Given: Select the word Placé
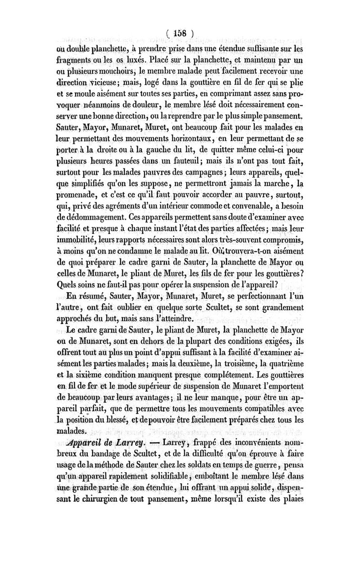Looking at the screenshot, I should point(213,58).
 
